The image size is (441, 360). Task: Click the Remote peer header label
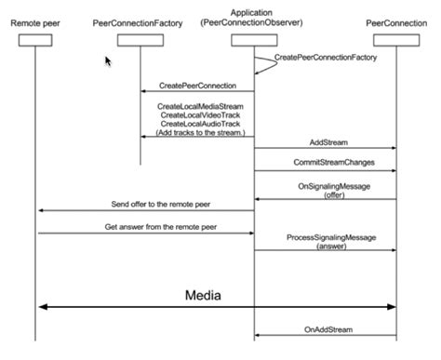(x=35, y=20)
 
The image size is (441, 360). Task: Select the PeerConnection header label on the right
(x=397, y=20)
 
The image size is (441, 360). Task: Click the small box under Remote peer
(x=35, y=39)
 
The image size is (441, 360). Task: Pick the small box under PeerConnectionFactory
(x=140, y=39)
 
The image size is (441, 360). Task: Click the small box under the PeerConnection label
(x=397, y=39)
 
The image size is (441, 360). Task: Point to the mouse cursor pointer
(x=108, y=60)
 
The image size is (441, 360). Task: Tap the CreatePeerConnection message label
(x=197, y=85)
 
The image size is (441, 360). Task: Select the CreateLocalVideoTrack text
(x=201, y=115)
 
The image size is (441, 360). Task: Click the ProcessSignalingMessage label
(x=330, y=238)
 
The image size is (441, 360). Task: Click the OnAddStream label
(x=327, y=328)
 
